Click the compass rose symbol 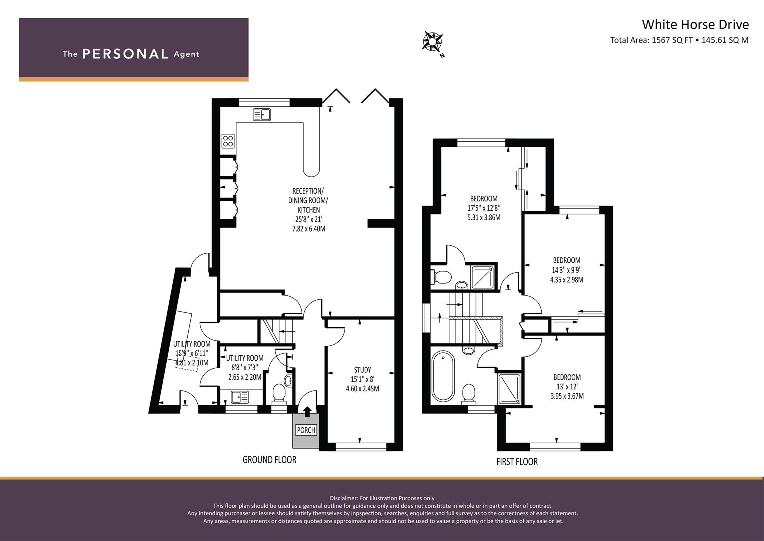432,42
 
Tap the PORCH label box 306,430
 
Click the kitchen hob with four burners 228,141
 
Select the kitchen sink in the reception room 262,114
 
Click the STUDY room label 363,370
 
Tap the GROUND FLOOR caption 270,460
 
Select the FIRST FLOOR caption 517,462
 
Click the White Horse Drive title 695,24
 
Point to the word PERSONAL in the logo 125,54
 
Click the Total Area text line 679,40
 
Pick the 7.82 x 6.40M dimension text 309,229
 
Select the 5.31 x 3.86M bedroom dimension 484,217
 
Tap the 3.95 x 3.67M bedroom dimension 567,396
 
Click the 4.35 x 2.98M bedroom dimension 567,280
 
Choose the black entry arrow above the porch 307,411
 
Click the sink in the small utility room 240,397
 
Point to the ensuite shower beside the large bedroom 483,277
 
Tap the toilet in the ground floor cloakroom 279,394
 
